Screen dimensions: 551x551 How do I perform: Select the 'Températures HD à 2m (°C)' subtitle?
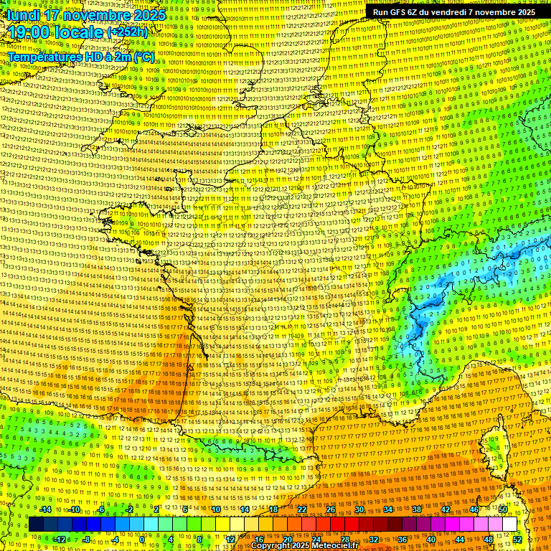[80, 56]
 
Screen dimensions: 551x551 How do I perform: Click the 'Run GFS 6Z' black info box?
[454, 12]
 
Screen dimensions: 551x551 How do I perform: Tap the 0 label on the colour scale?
[142, 539]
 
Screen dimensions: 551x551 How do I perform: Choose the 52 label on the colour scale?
[517, 539]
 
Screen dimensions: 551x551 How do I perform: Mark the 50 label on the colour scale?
[503, 509]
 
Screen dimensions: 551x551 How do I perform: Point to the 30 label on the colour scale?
[359, 509]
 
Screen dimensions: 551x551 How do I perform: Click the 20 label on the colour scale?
[287, 539]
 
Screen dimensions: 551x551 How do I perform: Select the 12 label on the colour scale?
[230, 539]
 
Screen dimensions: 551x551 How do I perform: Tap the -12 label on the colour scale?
[59, 539]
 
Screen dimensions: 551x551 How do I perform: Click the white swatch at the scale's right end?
[509, 524]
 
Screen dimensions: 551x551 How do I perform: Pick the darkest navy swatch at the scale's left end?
[37, 524]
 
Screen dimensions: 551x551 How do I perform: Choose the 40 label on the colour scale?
[430, 539]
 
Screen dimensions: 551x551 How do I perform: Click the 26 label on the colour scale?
[330, 509]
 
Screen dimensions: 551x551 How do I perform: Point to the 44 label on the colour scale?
[459, 539]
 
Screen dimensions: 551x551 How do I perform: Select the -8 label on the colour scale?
[87, 539]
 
